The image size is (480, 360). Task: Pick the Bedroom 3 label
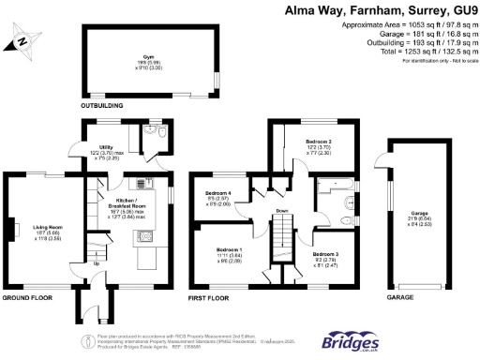pyautogui.click(x=324, y=255)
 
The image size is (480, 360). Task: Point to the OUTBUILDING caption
pyautogui.click(x=103, y=106)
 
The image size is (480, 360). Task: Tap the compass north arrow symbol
pyautogui.click(x=20, y=42)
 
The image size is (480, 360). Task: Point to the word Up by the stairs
pyautogui.click(x=97, y=262)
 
